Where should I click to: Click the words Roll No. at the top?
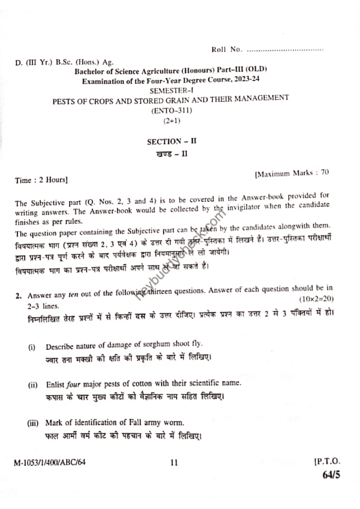click(227, 49)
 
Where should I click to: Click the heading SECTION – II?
click(172, 141)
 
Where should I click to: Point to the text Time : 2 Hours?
click(41, 179)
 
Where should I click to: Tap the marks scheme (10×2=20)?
click(317, 299)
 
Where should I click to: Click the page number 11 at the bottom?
click(174, 463)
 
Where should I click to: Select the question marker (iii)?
click(33, 423)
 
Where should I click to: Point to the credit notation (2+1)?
click(171, 121)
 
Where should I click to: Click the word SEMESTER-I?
click(171, 90)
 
